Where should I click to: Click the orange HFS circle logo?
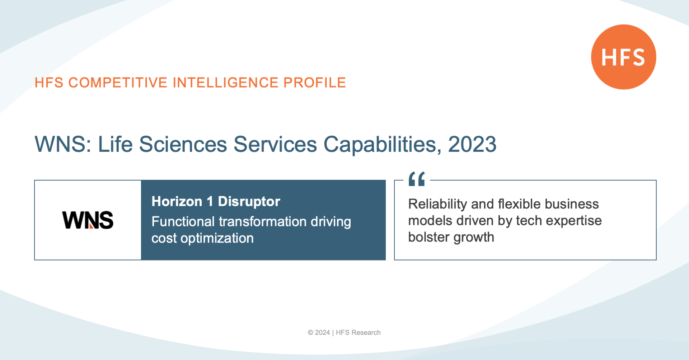(623, 57)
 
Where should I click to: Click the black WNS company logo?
(88, 220)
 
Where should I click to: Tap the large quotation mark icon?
(417, 179)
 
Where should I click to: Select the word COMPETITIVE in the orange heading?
(118, 83)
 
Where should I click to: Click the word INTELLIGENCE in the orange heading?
(225, 83)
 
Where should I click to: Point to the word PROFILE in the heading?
(315, 83)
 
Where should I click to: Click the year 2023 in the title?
(472, 144)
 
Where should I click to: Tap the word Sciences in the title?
(183, 144)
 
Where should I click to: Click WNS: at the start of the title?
(63, 144)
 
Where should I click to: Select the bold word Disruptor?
(249, 201)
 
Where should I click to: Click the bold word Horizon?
(177, 201)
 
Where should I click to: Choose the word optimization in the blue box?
(217, 239)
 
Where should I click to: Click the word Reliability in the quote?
(437, 204)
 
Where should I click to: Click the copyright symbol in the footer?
(310, 333)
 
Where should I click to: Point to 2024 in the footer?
(322, 333)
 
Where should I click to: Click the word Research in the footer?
(366, 333)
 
